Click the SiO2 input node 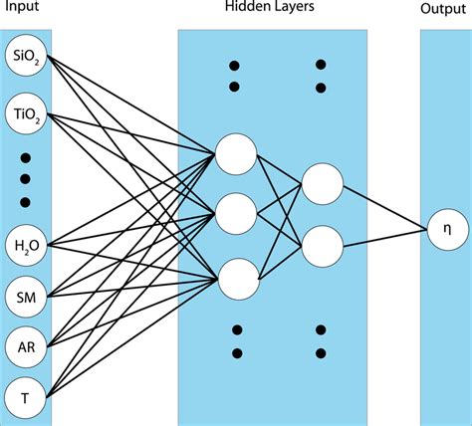(24, 60)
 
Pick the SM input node (24, 296)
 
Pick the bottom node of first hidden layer (236, 278)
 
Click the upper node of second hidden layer (323, 183)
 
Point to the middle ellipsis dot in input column (24, 180)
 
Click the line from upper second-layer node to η (383, 205)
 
